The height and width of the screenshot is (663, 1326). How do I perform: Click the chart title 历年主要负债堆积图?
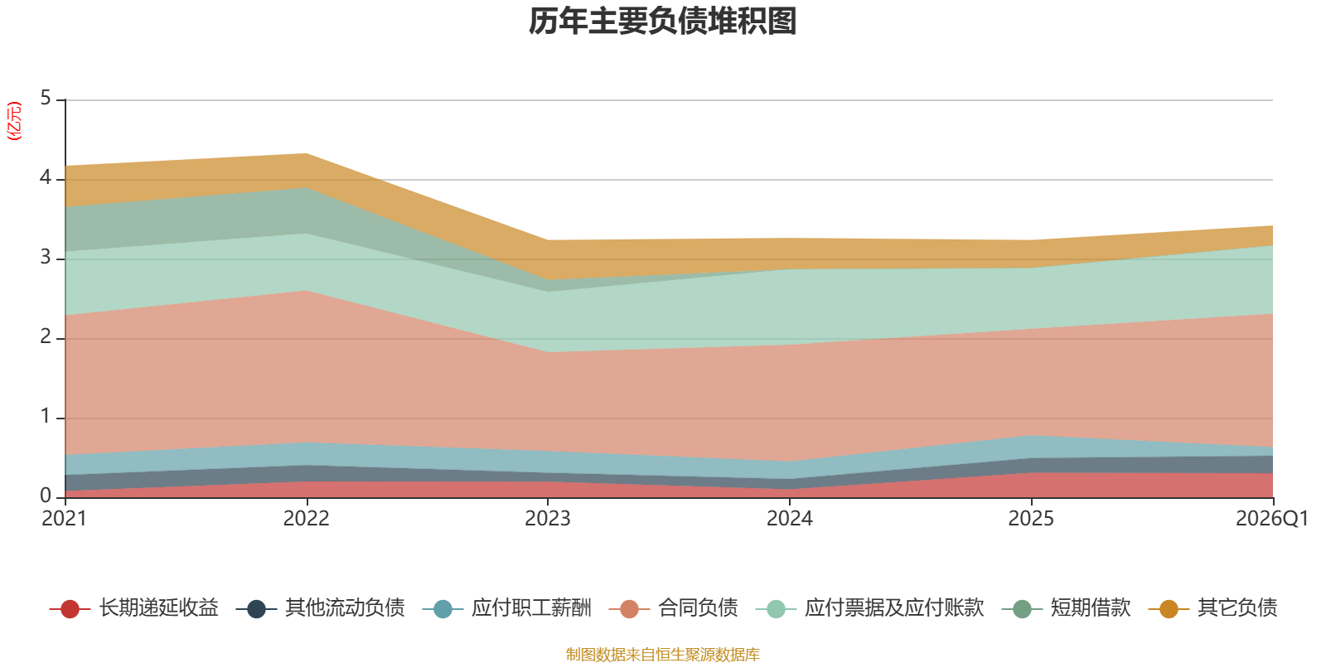[662, 22]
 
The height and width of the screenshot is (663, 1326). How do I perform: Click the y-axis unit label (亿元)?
[13, 121]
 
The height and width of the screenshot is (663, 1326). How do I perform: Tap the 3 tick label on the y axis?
[46, 257]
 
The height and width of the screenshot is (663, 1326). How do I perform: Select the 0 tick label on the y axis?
[46, 496]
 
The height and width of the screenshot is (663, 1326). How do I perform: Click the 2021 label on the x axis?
[65, 519]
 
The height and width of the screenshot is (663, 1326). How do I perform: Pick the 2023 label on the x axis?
[548, 519]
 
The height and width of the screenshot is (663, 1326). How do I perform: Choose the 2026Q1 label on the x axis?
[1272, 519]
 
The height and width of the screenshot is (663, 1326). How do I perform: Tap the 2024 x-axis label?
[790, 519]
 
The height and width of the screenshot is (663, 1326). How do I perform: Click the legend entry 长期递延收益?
[133, 608]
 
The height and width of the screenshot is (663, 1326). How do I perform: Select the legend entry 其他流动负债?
[320, 608]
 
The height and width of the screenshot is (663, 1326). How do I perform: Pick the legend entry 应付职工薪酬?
[506, 608]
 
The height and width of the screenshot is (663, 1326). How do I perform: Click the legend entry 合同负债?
[673, 608]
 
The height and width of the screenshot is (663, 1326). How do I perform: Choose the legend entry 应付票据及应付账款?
[869, 608]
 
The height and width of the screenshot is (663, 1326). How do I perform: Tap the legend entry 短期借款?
[1066, 608]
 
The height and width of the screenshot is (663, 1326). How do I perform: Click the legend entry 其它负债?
[1212, 608]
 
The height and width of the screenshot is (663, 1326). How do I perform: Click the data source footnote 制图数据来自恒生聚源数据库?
[662, 654]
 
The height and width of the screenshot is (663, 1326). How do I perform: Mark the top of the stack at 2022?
[307, 154]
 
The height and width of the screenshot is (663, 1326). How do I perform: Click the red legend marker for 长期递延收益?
[70, 608]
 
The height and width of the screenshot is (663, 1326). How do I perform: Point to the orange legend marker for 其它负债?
[1169, 608]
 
